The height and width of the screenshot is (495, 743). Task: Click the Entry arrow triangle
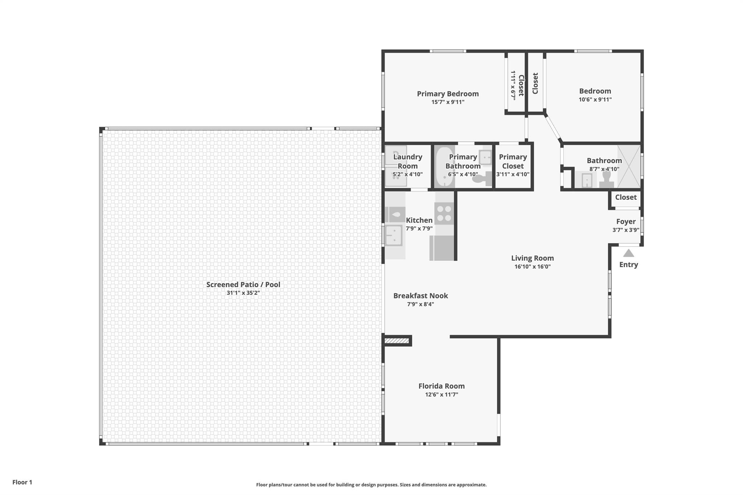pos(628,253)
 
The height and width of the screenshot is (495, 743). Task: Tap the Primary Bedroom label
pos(448,94)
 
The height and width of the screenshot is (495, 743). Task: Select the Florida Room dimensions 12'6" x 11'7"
pos(442,395)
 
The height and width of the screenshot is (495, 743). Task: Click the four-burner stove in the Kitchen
pos(444,214)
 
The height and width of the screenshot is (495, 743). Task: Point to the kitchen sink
pos(394,235)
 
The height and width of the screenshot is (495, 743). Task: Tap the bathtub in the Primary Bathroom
pos(444,166)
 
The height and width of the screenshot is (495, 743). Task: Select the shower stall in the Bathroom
pos(629,166)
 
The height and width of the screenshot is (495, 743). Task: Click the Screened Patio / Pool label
pos(243,285)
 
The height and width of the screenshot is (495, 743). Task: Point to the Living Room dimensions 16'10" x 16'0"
pos(533,267)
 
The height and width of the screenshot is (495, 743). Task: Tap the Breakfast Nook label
pos(420,296)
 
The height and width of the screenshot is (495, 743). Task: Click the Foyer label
pos(626,222)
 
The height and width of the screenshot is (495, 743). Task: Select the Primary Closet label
pos(513,161)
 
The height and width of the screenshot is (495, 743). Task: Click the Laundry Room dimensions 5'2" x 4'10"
pos(407,174)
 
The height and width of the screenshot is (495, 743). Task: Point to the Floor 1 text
pos(22,482)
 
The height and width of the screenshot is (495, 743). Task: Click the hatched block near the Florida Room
pos(397,341)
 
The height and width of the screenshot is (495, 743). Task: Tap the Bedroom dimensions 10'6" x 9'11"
pos(595,99)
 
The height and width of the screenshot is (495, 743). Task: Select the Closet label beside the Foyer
pos(626,197)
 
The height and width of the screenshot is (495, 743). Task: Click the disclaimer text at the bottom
pos(371,485)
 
